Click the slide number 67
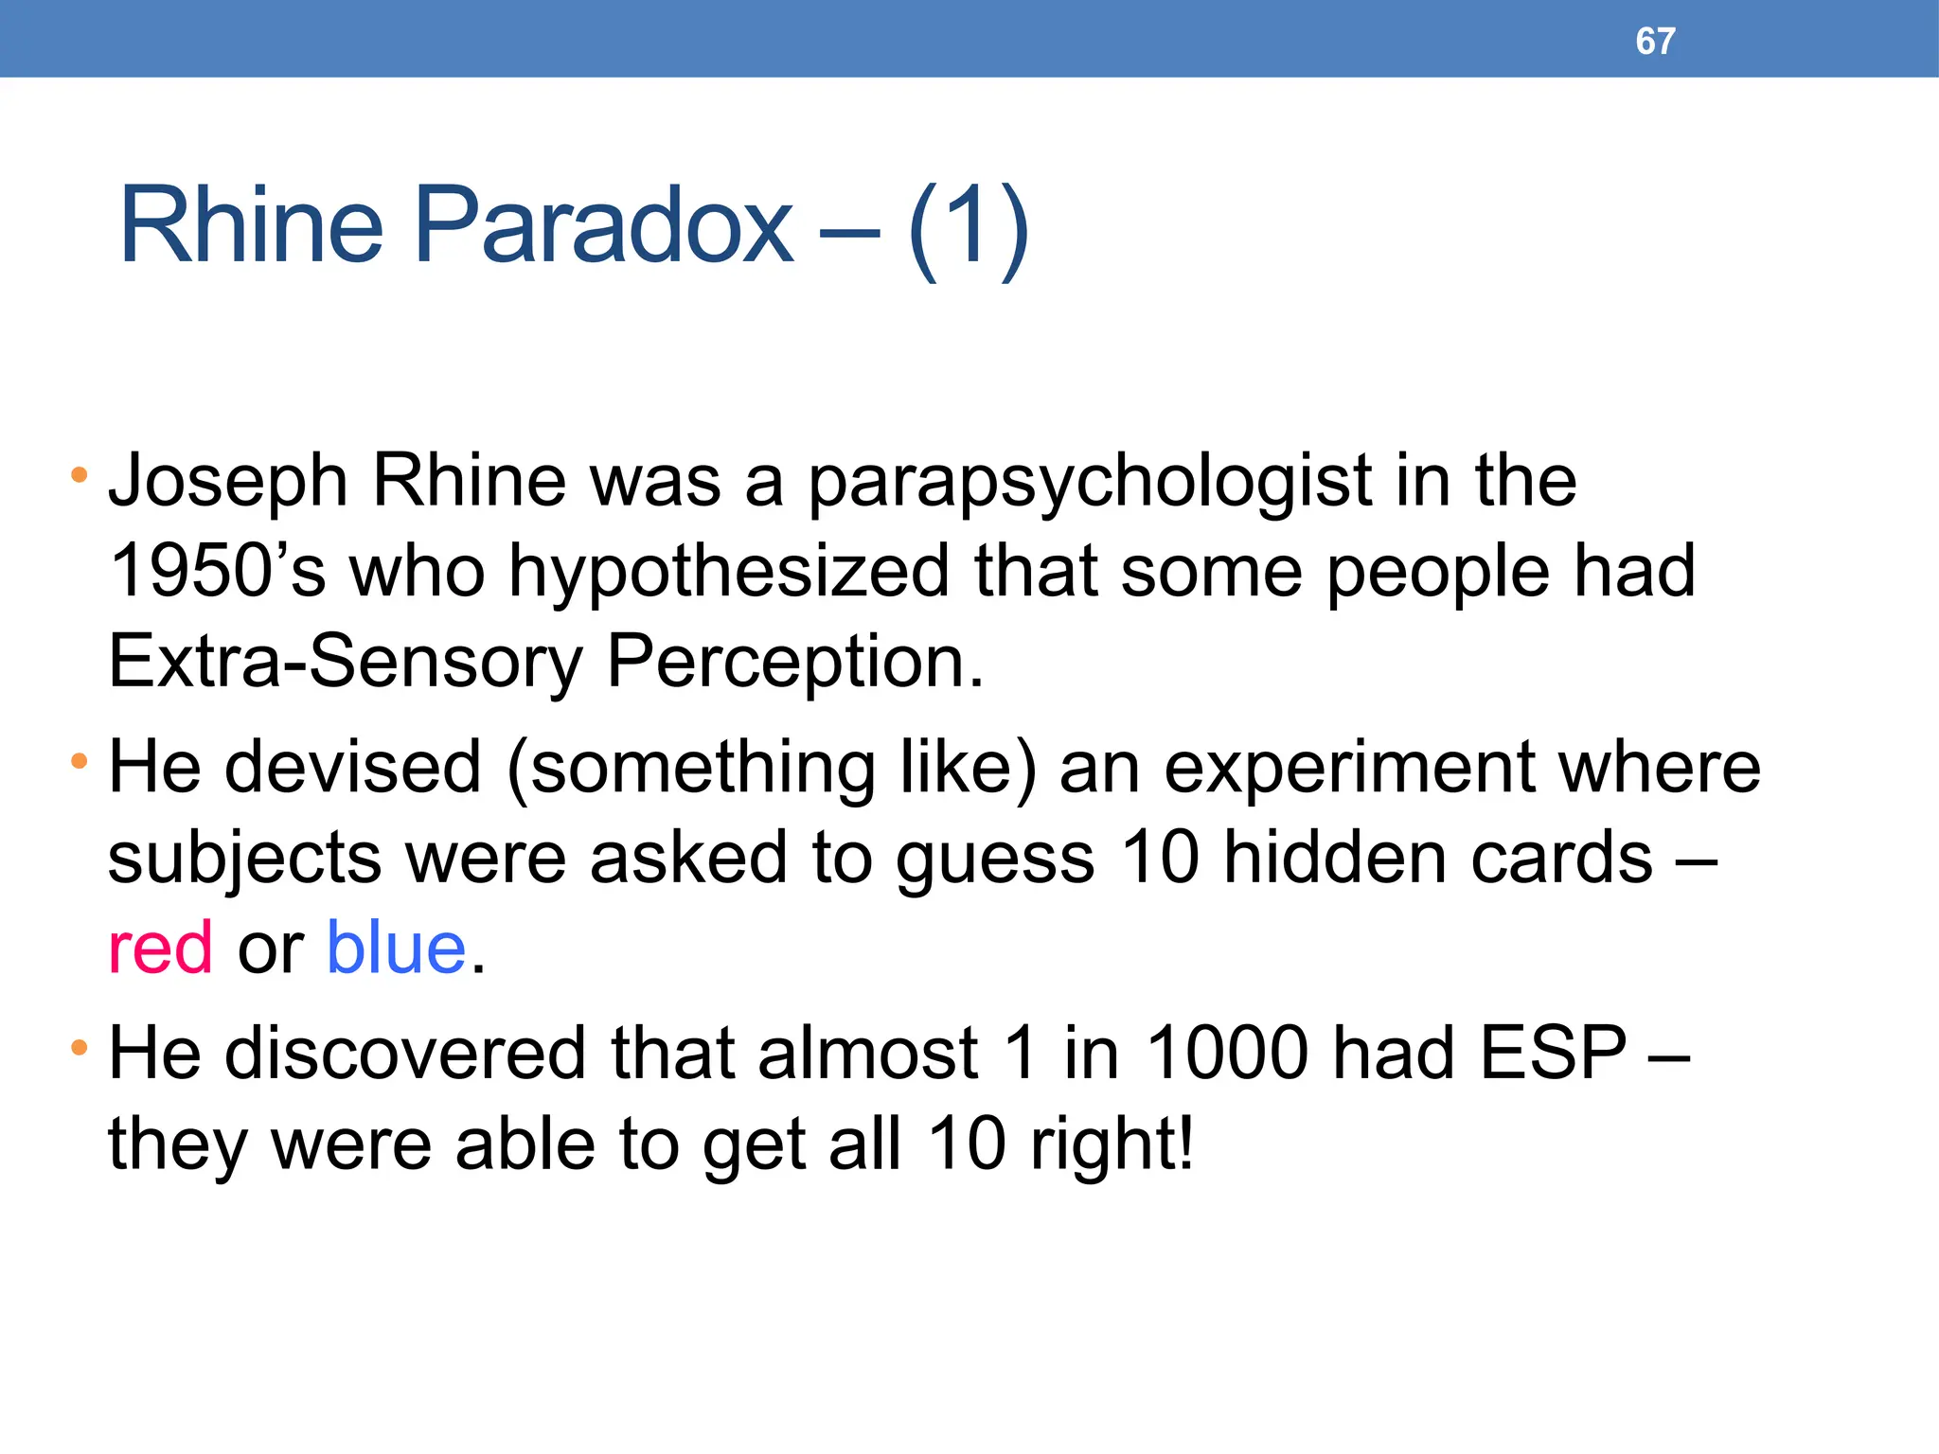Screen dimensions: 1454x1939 1655,41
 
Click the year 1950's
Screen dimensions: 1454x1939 217,572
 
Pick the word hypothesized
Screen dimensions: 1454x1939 729,572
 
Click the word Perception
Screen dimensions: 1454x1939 795,662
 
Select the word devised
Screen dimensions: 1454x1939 352,767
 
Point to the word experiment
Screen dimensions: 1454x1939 1348,769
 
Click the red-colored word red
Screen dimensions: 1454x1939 160,949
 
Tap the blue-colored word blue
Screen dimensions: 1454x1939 396,949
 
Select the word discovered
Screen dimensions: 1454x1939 405,1053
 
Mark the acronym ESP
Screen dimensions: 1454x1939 1553,1053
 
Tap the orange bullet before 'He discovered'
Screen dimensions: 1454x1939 80,1048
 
